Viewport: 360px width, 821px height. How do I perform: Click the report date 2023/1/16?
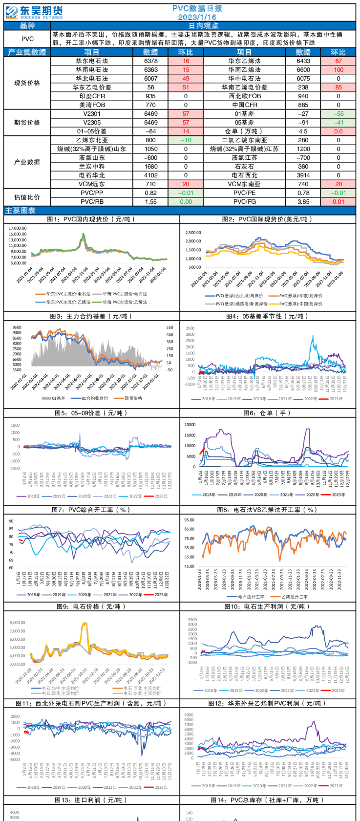click(197, 17)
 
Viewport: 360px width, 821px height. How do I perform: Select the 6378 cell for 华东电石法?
click(151, 61)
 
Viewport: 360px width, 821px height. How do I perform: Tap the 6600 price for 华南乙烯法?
click(303, 70)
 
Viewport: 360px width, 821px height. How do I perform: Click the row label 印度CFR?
click(92, 96)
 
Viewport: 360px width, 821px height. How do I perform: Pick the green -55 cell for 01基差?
click(338, 114)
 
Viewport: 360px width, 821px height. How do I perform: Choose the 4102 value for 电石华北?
click(151, 175)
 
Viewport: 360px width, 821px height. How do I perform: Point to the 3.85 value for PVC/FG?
click(303, 201)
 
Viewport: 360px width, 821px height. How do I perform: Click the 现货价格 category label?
click(27, 83)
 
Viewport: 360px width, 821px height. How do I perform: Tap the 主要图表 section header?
click(21, 211)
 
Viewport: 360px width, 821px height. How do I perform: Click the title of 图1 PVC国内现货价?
click(92, 219)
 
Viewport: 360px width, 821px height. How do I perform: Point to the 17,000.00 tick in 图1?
click(18, 228)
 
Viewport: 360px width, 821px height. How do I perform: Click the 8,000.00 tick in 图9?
click(18, 623)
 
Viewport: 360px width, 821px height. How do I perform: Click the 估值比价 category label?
click(27, 197)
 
